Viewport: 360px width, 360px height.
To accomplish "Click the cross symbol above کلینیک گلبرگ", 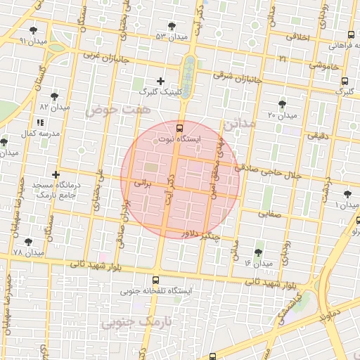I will click(x=161, y=82).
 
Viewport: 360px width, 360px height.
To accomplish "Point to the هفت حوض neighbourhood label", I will click(x=109, y=110).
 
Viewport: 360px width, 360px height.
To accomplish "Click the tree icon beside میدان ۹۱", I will click(x=34, y=30).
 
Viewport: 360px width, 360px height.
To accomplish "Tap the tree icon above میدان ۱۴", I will click(x=259, y=252).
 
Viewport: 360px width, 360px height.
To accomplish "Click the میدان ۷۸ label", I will click(x=28, y=252).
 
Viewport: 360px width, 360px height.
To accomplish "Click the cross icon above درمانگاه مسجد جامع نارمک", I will click(x=56, y=174).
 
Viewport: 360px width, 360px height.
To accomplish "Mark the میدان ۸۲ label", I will click(x=56, y=107).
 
